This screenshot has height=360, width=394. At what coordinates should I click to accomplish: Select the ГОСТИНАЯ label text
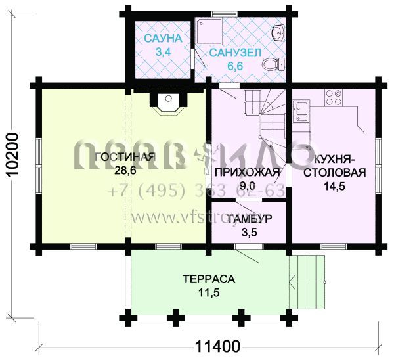pyautogui.click(x=125, y=156)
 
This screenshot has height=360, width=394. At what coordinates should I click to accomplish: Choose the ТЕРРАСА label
pyautogui.click(x=209, y=279)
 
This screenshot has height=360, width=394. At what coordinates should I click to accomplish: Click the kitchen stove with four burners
pyautogui.click(x=333, y=101)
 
